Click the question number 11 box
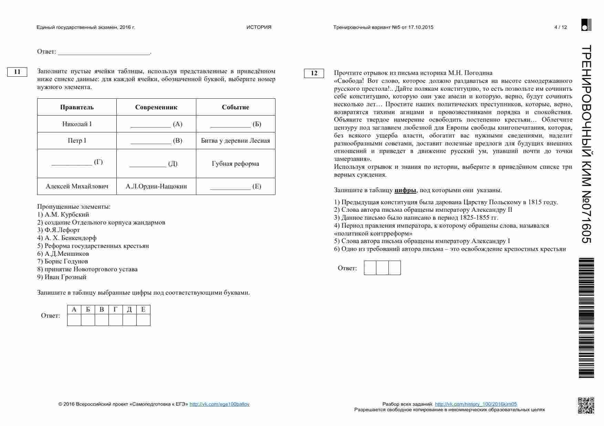point(17,72)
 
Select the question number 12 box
point(314,73)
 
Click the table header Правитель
point(77,107)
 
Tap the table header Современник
point(156,107)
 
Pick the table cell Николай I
point(77,124)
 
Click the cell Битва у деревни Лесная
point(236,141)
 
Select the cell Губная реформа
point(236,164)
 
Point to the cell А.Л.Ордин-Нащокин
point(156,186)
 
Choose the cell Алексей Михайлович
point(77,186)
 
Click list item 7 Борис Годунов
point(63,261)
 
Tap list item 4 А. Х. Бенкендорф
point(67,238)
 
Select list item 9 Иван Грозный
point(62,277)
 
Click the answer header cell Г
point(115,309)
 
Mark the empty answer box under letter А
point(74,320)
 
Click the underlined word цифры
point(405,190)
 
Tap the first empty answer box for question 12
point(370,268)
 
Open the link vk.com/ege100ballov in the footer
point(219,404)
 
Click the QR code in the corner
point(586,405)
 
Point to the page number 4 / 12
point(561,27)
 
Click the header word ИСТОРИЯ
point(259,27)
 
